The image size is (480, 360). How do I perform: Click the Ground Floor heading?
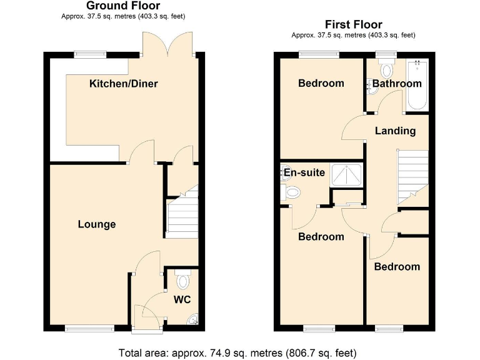[123, 6]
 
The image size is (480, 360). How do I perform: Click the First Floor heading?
[353, 25]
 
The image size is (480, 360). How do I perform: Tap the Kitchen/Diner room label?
[124, 84]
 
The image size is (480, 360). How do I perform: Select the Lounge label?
[97, 224]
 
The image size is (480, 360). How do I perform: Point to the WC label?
[182, 300]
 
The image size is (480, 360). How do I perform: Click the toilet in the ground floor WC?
[182, 278]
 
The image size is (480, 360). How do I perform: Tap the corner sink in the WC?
[193, 321]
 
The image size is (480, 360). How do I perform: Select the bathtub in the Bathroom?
[417, 86]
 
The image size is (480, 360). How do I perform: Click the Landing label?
[395, 131]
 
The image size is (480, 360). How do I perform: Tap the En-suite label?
[304, 172]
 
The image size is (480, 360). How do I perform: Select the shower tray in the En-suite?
[346, 175]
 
